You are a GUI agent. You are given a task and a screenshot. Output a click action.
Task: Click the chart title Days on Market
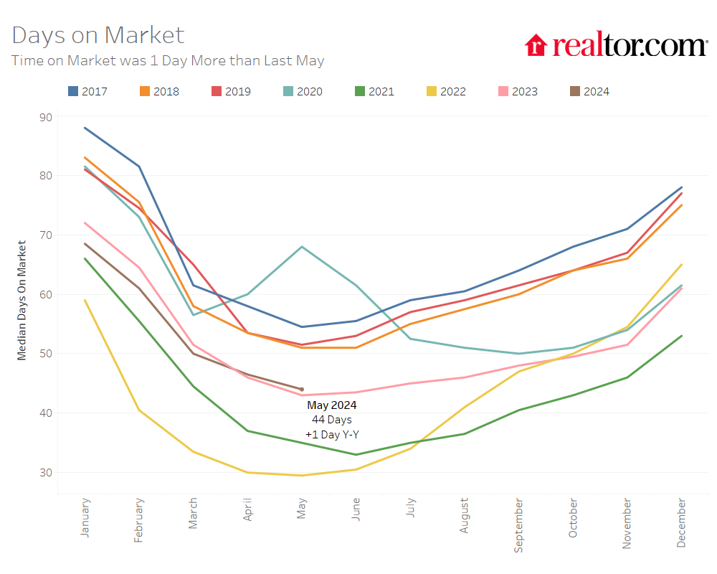pos(98,35)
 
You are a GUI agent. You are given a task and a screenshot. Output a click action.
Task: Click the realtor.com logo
pos(616,45)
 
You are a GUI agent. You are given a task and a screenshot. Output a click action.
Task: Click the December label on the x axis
pos(680,522)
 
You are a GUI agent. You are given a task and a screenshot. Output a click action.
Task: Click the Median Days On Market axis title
pos(22,300)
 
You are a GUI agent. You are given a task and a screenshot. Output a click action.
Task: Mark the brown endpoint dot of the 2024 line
pos(302,390)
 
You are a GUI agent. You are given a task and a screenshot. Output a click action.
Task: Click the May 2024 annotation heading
pos(332,405)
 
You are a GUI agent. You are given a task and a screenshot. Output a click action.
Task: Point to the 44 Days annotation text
pos(332,420)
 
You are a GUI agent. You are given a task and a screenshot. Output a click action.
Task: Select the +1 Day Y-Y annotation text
pos(332,434)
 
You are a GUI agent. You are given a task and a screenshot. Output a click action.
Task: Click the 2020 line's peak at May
pos(302,247)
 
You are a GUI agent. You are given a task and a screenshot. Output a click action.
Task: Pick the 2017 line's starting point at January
pos(85,128)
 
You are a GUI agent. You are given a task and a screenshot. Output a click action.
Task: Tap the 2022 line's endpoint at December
pos(681,265)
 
